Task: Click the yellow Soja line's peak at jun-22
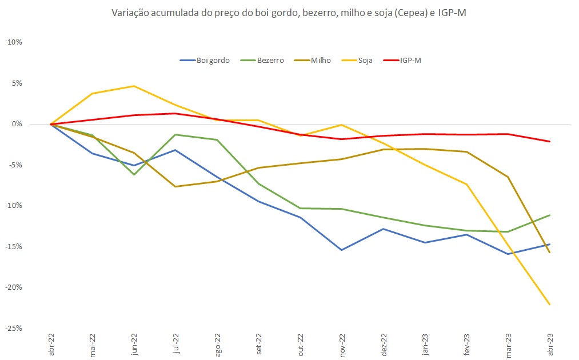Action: point(134,86)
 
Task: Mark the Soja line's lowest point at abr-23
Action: point(549,305)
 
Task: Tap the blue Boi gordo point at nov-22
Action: point(342,250)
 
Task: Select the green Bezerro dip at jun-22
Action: point(134,174)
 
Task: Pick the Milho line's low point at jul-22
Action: point(175,186)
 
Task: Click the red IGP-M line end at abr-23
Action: point(549,141)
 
